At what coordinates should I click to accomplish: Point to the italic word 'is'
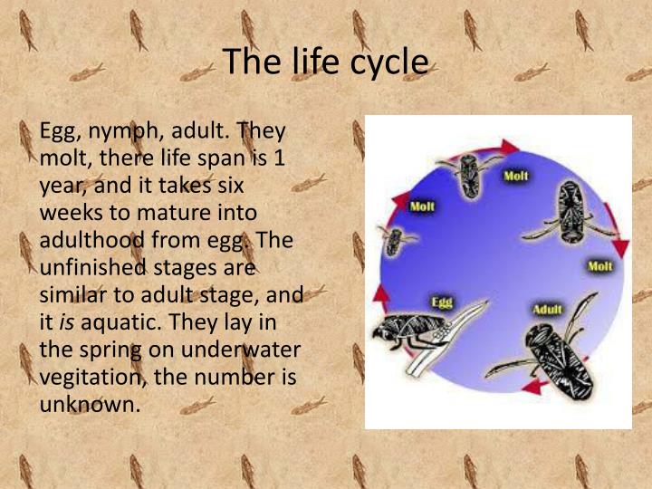(x=67, y=321)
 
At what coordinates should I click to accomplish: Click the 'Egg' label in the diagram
(x=442, y=302)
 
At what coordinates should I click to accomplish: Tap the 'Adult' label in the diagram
(x=547, y=310)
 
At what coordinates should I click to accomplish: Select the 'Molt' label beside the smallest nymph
(x=422, y=206)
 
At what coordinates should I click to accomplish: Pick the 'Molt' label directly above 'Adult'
(x=599, y=266)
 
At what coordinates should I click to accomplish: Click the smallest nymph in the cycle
(x=396, y=239)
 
